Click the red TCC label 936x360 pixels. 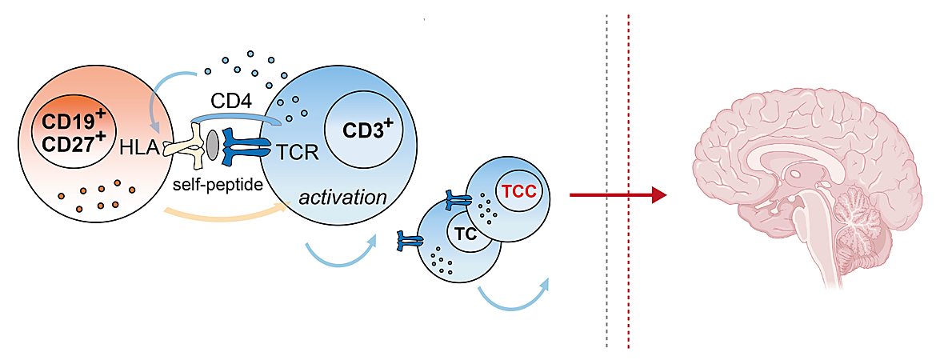point(516,193)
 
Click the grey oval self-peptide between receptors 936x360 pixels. point(213,145)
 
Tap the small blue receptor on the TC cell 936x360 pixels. point(410,238)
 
